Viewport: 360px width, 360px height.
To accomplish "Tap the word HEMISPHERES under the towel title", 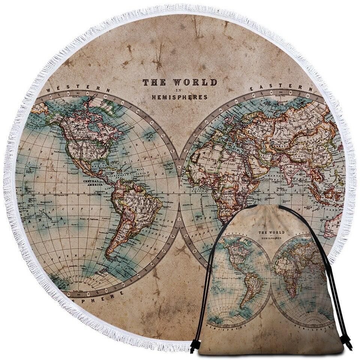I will [x=179, y=97].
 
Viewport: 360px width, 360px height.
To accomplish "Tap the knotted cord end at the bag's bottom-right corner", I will [x=347, y=343].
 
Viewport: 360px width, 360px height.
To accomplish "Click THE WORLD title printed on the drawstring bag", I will [x=271, y=232].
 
